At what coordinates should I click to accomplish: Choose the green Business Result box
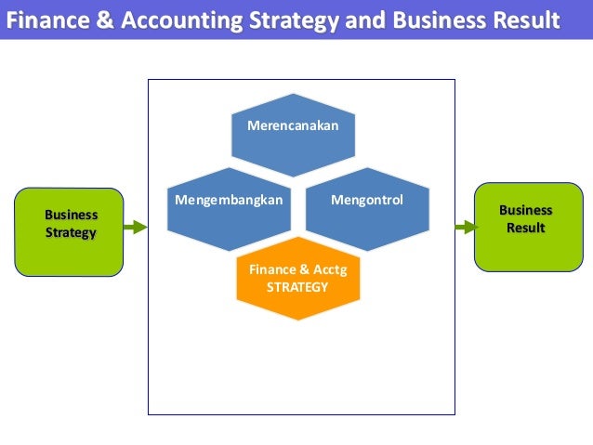[x=525, y=228]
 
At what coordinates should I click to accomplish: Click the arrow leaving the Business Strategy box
[x=136, y=226]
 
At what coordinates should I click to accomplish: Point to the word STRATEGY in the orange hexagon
[x=297, y=287]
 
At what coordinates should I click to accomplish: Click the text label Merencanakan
[x=293, y=124]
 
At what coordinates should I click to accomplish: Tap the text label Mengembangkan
[x=228, y=199]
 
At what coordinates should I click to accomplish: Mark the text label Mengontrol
[x=367, y=199]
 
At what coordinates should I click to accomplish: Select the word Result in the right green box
[x=525, y=228]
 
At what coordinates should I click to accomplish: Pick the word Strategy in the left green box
[x=71, y=232]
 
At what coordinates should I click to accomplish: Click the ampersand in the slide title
[x=91, y=19]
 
